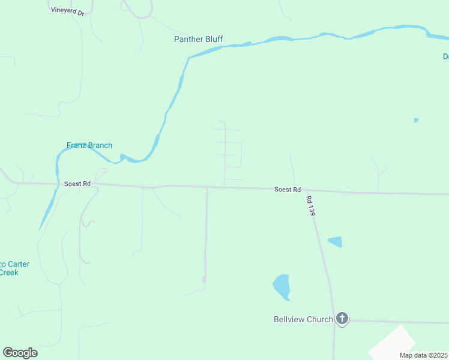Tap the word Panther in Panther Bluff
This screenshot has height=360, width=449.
[187, 39]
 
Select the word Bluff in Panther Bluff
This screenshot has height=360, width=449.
[213, 39]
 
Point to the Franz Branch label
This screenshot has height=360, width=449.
[89, 145]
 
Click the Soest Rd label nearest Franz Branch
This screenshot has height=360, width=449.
[77, 184]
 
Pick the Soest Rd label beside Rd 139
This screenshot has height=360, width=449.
[287, 190]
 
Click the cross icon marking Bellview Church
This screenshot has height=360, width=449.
[342, 318]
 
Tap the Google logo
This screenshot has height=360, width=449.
[20, 353]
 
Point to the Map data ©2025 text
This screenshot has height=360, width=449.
[423, 355]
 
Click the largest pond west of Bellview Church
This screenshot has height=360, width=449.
[281, 286]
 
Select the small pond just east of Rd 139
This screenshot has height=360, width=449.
[335, 242]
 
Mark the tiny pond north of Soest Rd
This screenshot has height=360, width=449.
[416, 120]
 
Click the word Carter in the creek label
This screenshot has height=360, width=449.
[18, 264]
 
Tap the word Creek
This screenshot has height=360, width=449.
[8, 272]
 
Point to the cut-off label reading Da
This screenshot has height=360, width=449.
[445, 56]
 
